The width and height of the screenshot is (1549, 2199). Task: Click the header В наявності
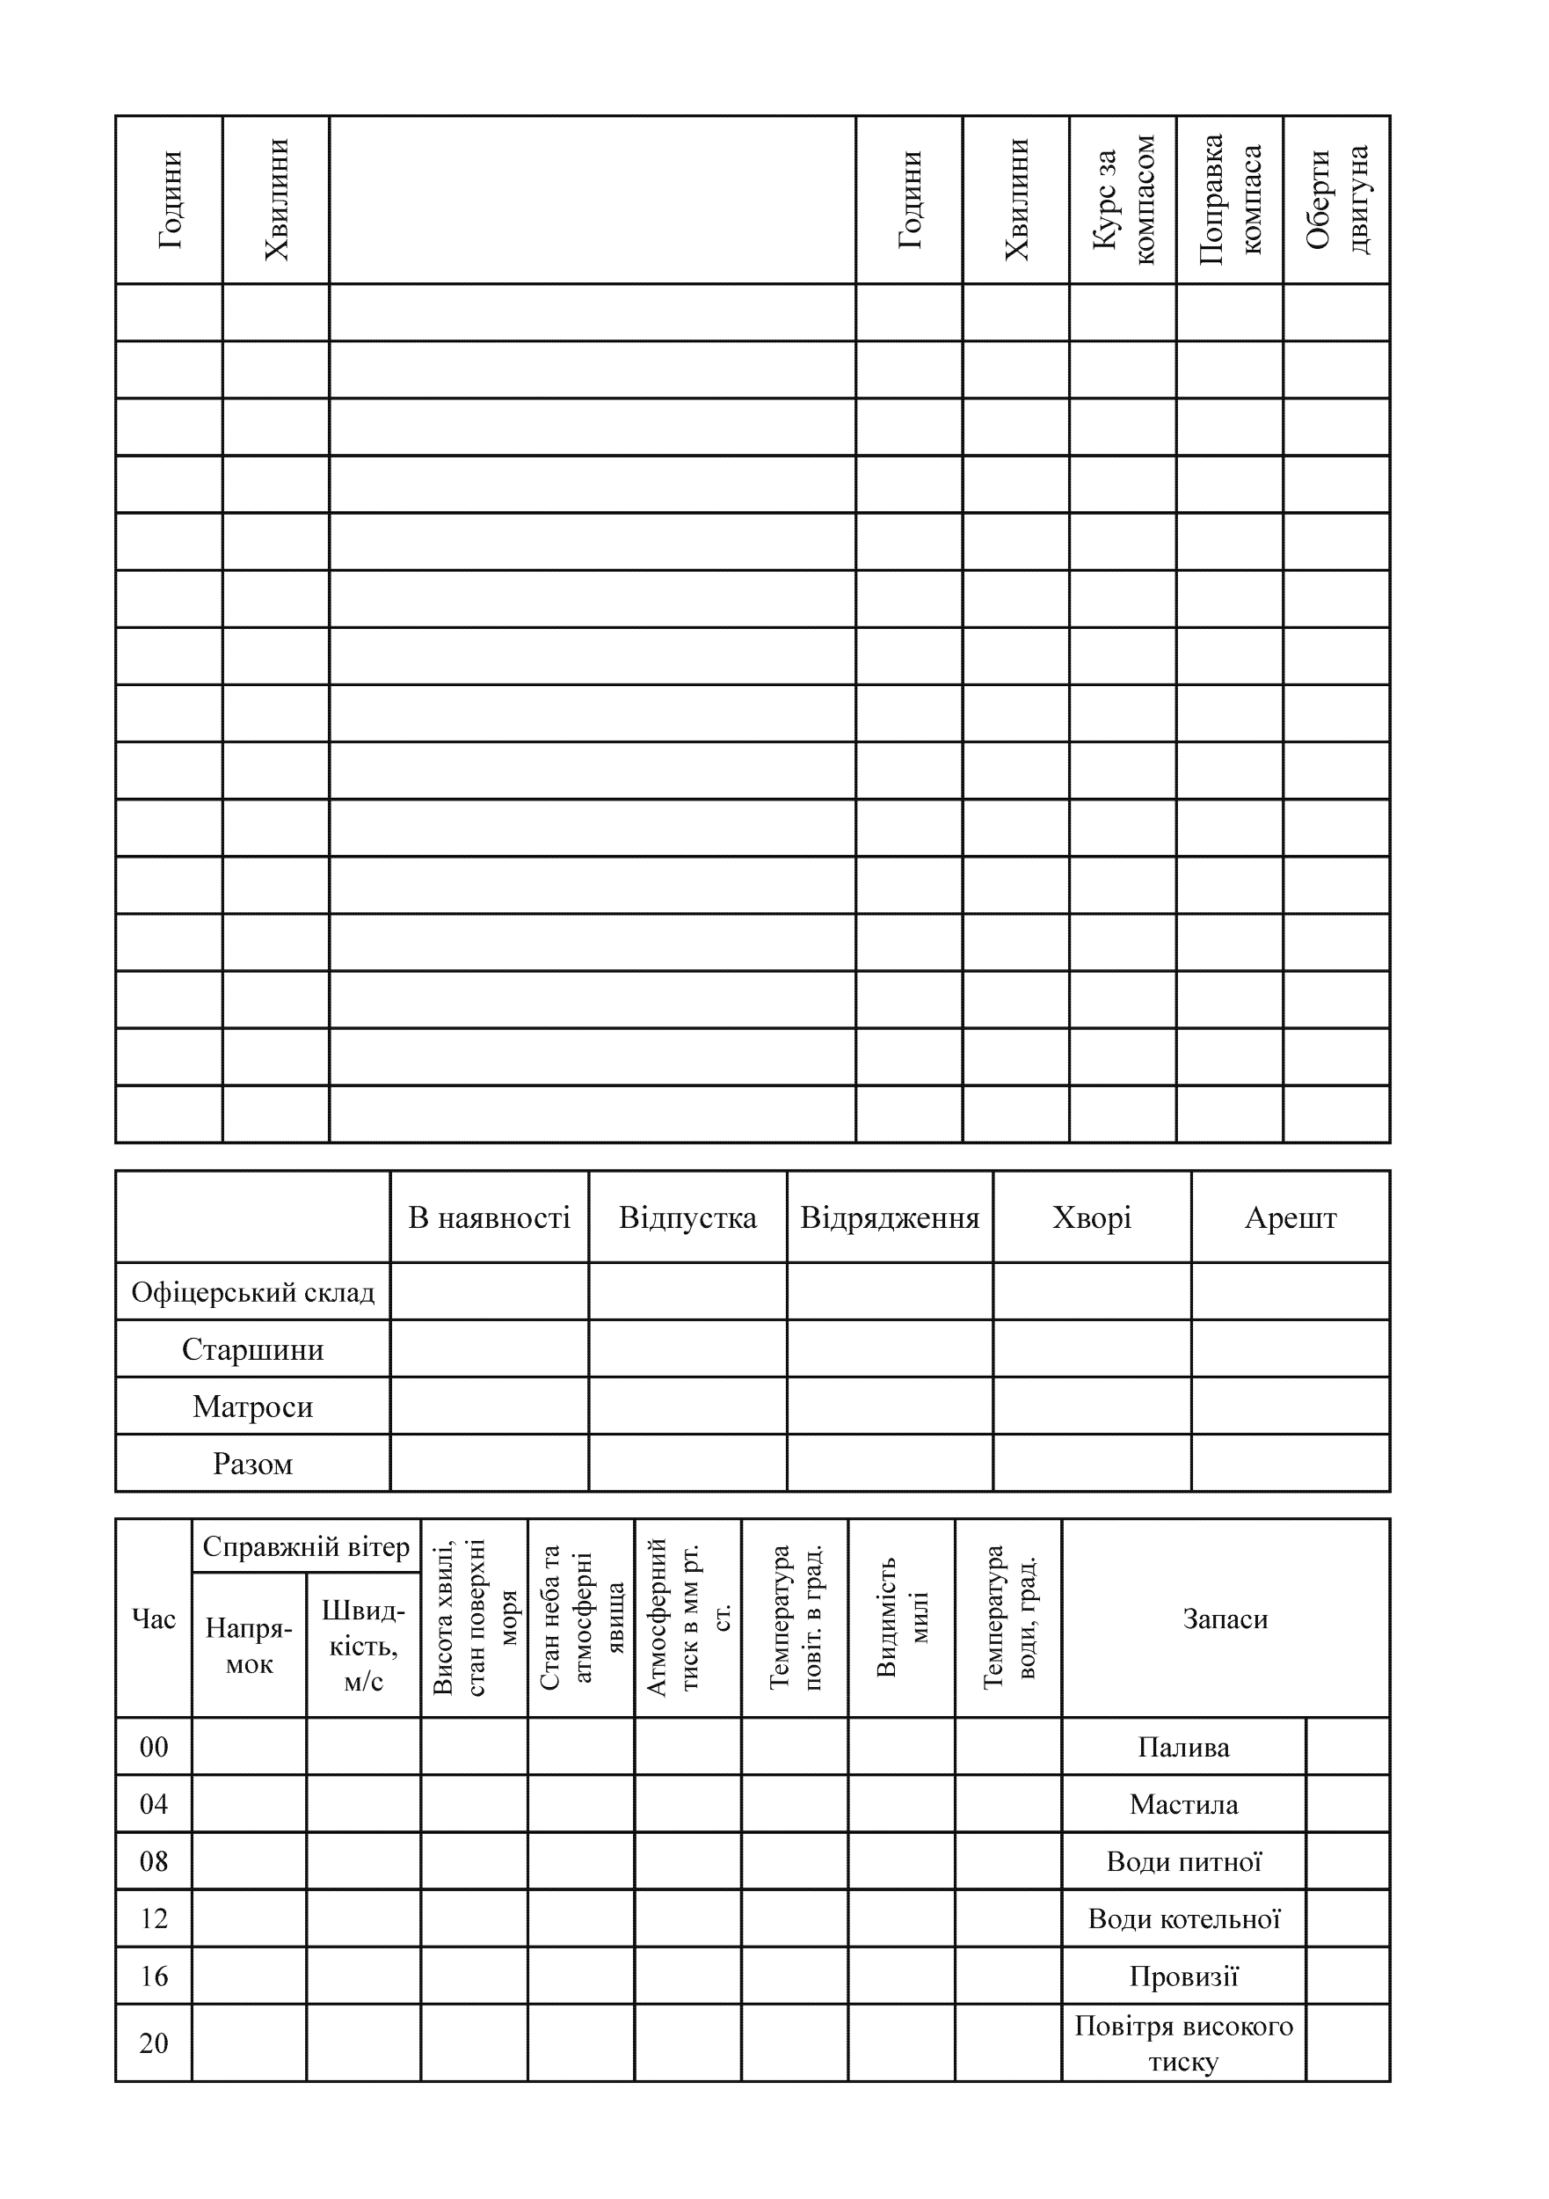pyautogui.click(x=489, y=1217)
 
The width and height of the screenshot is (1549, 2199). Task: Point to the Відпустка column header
pyautogui.click(x=687, y=1217)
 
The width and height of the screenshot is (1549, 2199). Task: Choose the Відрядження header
pyautogui.click(x=890, y=1217)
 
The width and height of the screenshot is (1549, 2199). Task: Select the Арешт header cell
pyautogui.click(x=1290, y=1217)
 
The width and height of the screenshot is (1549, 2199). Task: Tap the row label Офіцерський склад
pyautogui.click(x=252, y=1292)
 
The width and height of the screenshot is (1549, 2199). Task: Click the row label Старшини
pyautogui.click(x=252, y=1349)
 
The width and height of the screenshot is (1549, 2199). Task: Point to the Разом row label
pyautogui.click(x=252, y=1464)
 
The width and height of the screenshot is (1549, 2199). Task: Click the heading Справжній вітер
pyautogui.click(x=306, y=1546)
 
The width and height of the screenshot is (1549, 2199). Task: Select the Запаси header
pyautogui.click(x=1225, y=1618)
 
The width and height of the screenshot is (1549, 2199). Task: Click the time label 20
pyautogui.click(x=153, y=2043)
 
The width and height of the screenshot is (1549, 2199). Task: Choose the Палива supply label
pyautogui.click(x=1183, y=1747)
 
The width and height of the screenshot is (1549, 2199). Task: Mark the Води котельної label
pyautogui.click(x=1183, y=1918)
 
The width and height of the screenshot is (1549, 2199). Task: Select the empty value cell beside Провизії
pyautogui.click(x=1347, y=1976)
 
